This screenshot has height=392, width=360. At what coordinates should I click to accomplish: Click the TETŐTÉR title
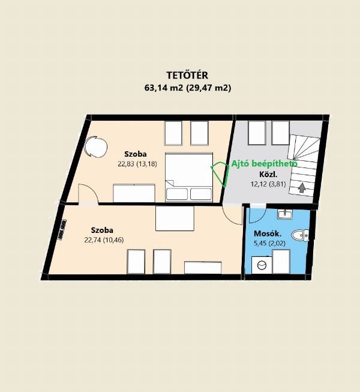[187, 75]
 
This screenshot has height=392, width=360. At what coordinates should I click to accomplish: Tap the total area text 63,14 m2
[164, 88]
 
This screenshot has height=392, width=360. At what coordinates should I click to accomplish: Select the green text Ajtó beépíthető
[265, 163]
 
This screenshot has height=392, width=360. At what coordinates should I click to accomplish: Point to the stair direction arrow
[302, 188]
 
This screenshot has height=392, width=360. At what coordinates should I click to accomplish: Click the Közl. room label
[268, 174]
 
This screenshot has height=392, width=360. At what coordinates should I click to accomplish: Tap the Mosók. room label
[268, 234]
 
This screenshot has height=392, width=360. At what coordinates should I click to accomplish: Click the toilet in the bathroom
[300, 235]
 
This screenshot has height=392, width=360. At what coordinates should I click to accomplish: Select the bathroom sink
[284, 214]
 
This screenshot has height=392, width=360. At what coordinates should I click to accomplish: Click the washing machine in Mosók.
[262, 265]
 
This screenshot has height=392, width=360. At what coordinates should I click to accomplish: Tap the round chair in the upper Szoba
[95, 146]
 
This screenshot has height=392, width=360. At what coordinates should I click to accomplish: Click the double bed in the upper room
[189, 177]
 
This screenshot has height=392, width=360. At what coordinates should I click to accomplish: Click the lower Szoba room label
[102, 230]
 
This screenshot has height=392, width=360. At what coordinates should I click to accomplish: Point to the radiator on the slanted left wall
[62, 229]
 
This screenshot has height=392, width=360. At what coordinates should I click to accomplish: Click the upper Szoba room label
[136, 154]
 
